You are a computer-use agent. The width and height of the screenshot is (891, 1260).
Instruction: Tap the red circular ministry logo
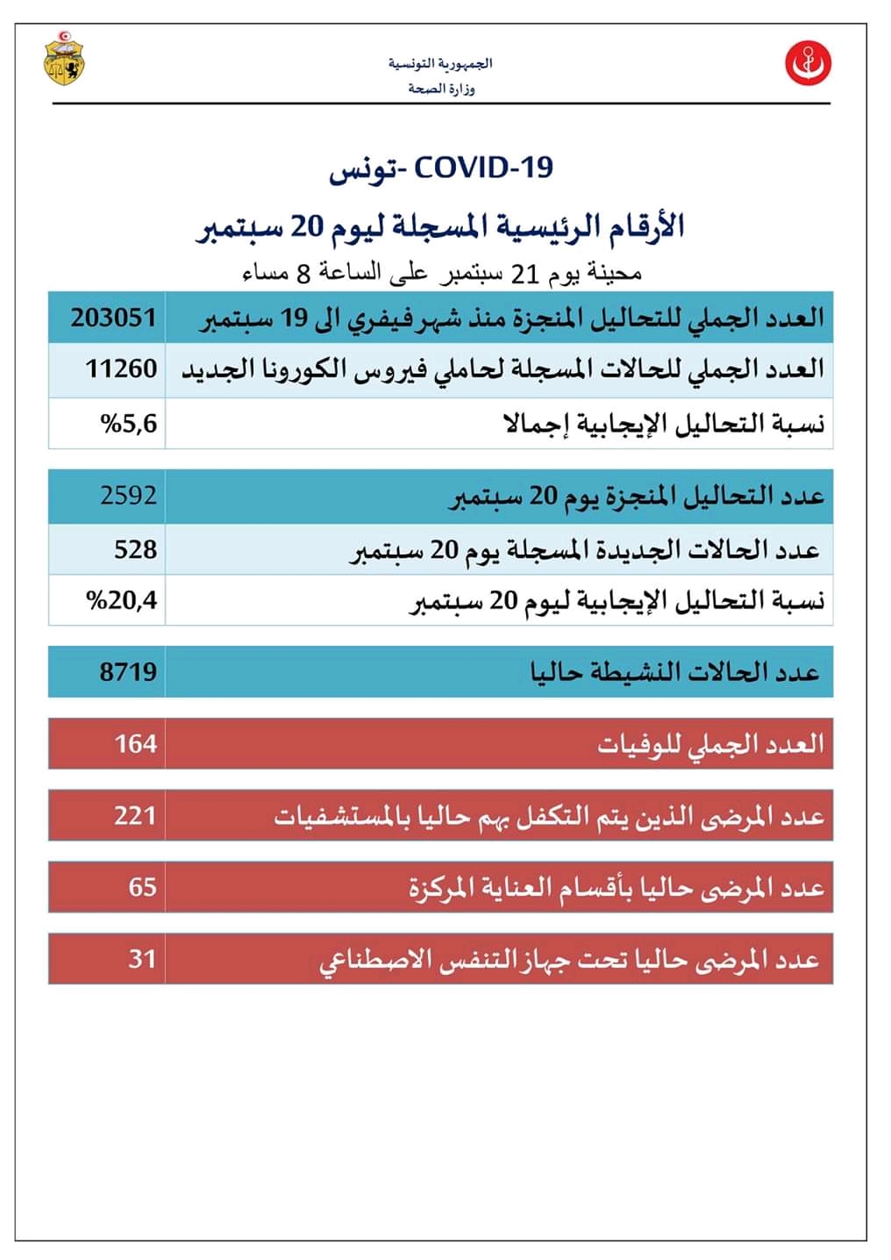pyautogui.click(x=808, y=63)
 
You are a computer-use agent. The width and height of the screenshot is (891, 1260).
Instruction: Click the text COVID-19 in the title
pyautogui.click(x=483, y=167)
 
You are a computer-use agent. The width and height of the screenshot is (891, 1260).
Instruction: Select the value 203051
pyautogui.click(x=114, y=317)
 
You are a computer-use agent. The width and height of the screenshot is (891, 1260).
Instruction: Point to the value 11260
pyautogui.click(x=121, y=369)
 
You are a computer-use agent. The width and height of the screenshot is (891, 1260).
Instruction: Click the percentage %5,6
pyautogui.click(x=129, y=424)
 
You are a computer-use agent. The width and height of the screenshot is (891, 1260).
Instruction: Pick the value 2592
pyautogui.click(x=128, y=496)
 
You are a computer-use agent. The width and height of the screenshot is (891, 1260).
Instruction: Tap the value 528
pyautogui.click(x=135, y=549)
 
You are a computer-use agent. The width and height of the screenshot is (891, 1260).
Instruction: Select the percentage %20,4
pyautogui.click(x=122, y=600)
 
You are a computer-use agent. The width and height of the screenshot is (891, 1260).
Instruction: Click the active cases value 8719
pyautogui.click(x=128, y=672)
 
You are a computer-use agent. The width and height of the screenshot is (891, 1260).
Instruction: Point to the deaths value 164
pyautogui.click(x=135, y=744)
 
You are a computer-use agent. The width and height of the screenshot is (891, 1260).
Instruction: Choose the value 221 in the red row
pyautogui.click(x=135, y=816)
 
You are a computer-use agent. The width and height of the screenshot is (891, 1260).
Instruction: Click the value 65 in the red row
pyautogui.click(x=142, y=887)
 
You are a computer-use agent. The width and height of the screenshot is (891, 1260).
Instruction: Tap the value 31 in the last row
pyautogui.click(x=142, y=958)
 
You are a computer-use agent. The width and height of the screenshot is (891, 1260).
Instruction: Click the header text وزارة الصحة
pyautogui.click(x=441, y=89)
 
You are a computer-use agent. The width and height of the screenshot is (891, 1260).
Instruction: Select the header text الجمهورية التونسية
pyautogui.click(x=440, y=64)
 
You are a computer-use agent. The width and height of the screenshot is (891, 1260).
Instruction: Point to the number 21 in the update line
pyautogui.click(x=524, y=273)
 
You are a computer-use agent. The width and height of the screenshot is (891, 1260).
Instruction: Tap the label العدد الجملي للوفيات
pyautogui.click(x=710, y=745)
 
